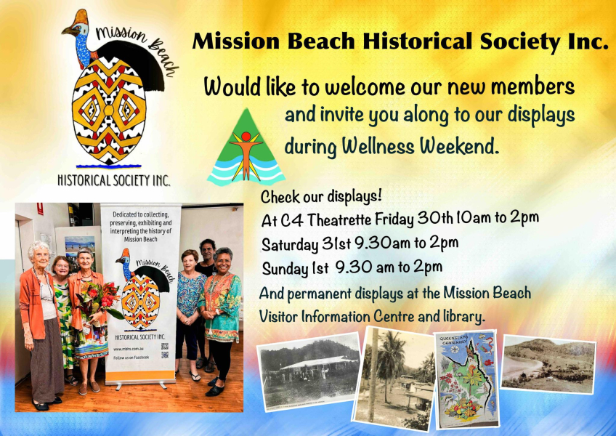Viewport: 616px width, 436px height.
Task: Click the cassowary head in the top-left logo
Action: click(x=78, y=27)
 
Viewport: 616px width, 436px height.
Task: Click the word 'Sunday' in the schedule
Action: click(x=285, y=268)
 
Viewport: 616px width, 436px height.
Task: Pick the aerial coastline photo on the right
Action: click(x=548, y=364)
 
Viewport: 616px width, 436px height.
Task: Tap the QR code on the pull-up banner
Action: click(x=165, y=350)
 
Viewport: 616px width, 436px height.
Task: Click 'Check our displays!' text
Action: click(x=320, y=196)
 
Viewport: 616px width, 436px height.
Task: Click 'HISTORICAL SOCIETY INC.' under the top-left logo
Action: click(x=113, y=179)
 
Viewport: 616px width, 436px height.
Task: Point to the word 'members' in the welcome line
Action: click(x=532, y=88)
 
